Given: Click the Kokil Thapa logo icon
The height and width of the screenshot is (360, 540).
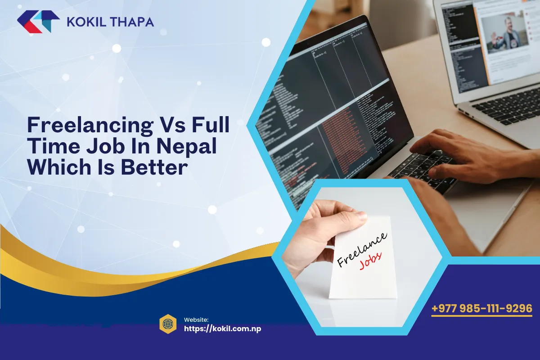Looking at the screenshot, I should coord(38,22).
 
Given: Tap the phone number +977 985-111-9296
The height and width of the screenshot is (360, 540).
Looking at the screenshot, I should coord(481,309).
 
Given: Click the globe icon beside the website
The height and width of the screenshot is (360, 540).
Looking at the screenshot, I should coord(168,324).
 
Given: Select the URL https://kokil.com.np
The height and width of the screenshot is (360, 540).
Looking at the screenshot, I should coord(222,328).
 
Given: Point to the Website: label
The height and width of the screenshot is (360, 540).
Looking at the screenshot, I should coord(197,319).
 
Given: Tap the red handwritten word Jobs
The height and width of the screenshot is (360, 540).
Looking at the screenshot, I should coord(370,261).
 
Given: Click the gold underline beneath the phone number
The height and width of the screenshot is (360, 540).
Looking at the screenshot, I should coord(481,316).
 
